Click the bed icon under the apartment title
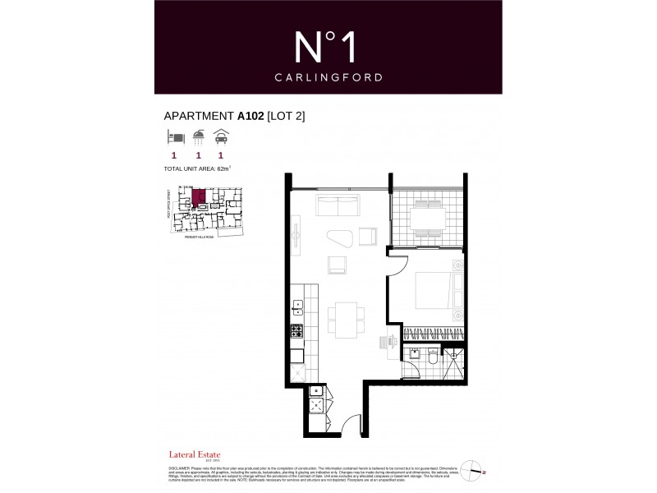pyautogui.click(x=173, y=137)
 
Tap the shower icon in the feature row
pyautogui.click(x=198, y=137)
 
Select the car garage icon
pyautogui.click(x=221, y=137)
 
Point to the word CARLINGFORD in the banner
pyautogui.click(x=328, y=79)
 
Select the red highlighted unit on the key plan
pyautogui.click(x=200, y=198)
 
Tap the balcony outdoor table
pyautogui.click(x=427, y=219)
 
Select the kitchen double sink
pyautogui.click(x=298, y=308)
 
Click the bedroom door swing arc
pyautogui.click(x=394, y=265)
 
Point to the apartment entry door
pyautogui.click(x=350, y=426)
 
